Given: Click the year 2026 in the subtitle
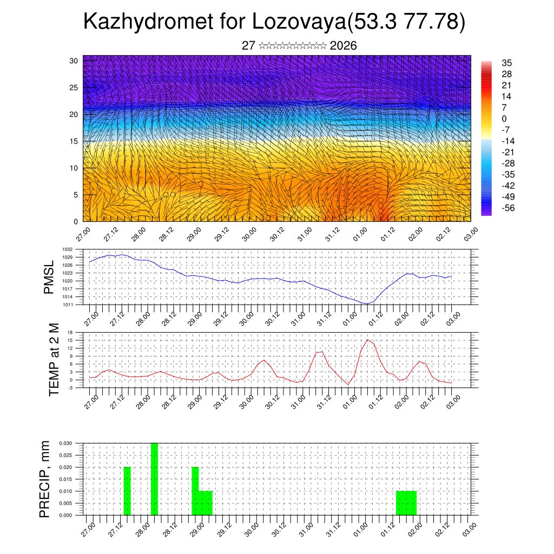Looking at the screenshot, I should pos(343,45).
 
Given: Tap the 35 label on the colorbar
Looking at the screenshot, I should pos(507,63).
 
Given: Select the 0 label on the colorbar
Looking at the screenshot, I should pos(504,118).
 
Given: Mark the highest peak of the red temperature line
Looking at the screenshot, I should pos(368,340).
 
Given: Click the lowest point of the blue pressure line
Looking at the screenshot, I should pos(367,304).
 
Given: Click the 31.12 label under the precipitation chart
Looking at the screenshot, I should pos(332,528).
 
